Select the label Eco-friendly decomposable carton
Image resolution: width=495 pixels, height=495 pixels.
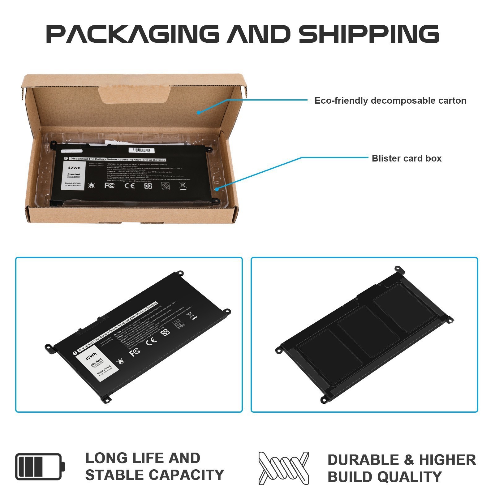tap(390, 101)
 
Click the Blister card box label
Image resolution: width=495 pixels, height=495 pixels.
tap(407, 158)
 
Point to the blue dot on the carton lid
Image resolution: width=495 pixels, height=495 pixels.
tap(199, 113)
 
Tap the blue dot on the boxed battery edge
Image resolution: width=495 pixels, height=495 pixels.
tap(217, 189)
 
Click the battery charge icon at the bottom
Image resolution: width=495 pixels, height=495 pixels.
tap(40, 467)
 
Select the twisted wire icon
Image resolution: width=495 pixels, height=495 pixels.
tap(283, 468)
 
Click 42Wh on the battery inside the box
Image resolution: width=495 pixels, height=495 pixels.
tap(74, 168)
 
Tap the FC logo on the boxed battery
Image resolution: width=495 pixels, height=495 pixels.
tap(110, 185)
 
